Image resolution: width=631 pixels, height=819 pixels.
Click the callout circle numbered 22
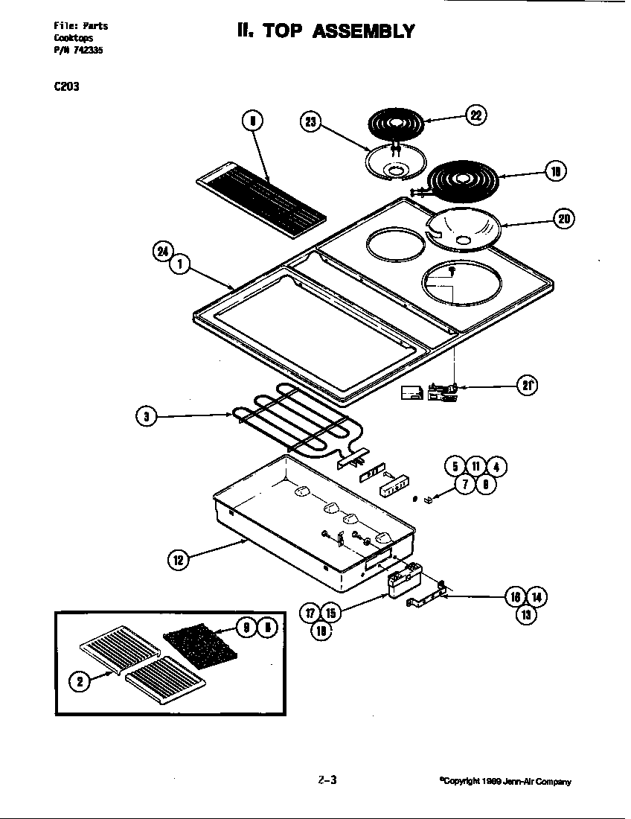point(476,115)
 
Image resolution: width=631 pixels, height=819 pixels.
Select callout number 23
point(310,121)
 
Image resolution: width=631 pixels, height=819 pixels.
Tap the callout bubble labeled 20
point(563,218)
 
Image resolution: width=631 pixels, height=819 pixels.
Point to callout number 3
point(147,417)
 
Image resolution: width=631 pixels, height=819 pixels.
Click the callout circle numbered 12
point(178,560)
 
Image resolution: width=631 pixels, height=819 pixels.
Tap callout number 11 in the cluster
point(475,467)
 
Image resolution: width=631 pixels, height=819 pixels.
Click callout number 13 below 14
point(526,615)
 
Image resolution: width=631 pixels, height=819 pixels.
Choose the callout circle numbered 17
point(311,613)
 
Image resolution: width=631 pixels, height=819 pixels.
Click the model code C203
point(66,86)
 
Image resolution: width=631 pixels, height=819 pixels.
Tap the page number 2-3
point(327,780)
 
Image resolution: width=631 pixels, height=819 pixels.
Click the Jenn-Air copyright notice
point(505,782)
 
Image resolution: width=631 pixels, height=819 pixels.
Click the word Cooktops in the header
point(72,37)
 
